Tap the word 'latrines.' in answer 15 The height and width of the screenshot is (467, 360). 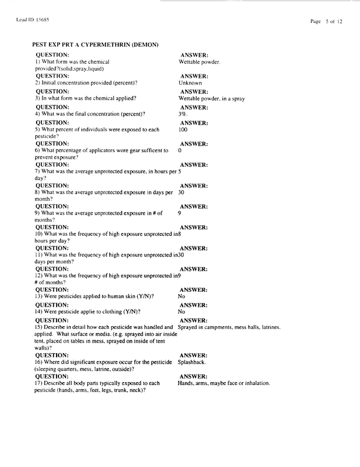click(267, 327)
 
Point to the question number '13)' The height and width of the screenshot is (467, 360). click(38, 297)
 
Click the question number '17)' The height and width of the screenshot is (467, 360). click(38, 383)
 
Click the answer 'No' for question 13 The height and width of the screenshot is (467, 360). click(182, 297)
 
